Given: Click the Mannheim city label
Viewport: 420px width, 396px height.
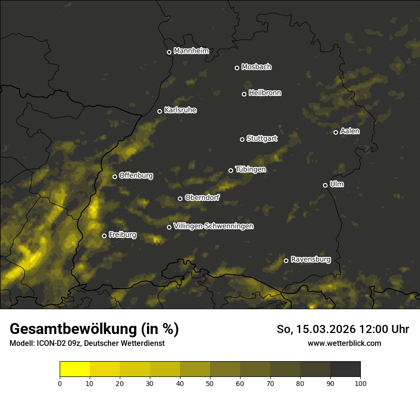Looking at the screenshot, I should click(191, 51).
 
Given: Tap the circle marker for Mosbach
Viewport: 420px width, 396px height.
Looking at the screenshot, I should click(237, 68).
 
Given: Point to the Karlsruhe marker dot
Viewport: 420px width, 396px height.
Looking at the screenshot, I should click(160, 111).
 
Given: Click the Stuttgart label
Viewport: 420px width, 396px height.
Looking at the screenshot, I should click(262, 138).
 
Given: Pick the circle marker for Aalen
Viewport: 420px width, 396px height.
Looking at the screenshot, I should click(336, 132).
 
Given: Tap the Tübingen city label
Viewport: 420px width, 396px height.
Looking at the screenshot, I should click(250, 169).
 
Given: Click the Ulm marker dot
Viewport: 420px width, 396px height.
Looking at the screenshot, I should click(325, 185).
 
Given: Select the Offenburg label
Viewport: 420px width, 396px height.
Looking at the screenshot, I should click(136, 176).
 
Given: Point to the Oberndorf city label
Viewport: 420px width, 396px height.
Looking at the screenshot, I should click(202, 198).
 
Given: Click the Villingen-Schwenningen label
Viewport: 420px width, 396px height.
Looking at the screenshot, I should click(213, 226).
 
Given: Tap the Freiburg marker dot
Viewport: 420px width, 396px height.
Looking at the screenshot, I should click(105, 236).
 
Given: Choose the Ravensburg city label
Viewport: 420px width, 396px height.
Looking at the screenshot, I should click(311, 260).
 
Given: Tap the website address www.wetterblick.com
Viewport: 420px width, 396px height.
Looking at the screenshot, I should click(345, 343).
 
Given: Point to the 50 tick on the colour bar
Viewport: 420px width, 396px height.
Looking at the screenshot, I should click(210, 383).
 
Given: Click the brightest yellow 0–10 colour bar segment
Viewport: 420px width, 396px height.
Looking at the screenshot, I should click(75, 369).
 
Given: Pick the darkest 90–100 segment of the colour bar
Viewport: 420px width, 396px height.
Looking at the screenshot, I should click(345, 369).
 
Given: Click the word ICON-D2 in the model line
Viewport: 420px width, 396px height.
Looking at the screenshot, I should click(50, 343).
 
